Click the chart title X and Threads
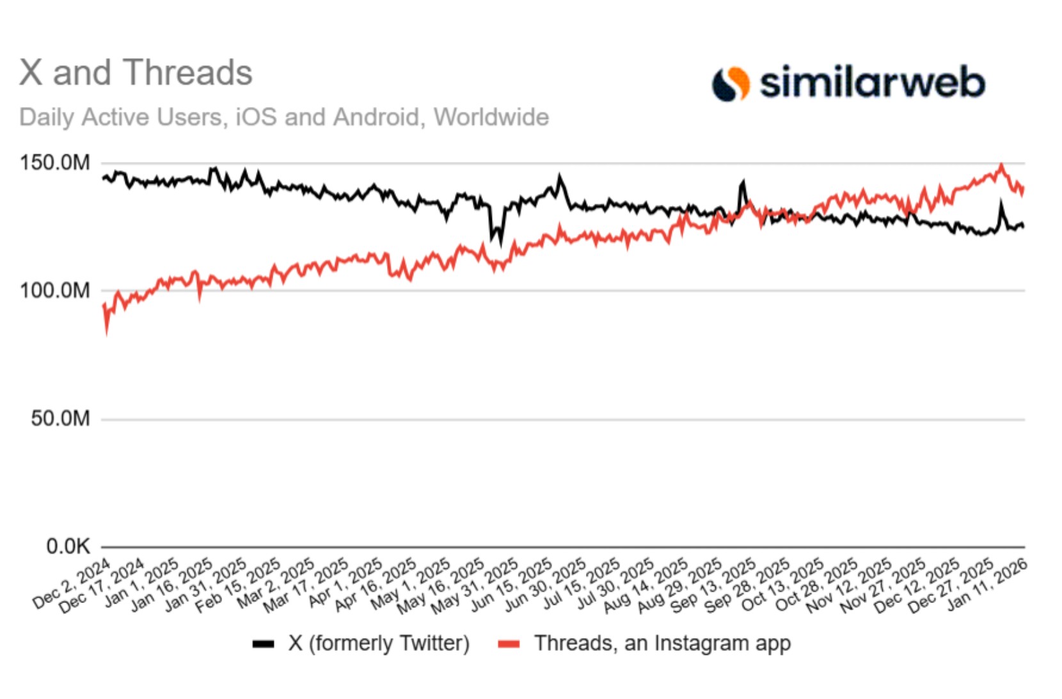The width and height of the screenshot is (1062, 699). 136,72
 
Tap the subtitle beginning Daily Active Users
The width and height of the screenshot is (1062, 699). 284,117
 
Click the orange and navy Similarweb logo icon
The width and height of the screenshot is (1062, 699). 731,84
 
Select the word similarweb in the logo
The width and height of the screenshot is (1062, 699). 872,83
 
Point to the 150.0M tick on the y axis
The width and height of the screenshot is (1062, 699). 55,163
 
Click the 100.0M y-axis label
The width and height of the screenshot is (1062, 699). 55,291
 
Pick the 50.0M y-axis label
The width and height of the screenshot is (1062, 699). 60,419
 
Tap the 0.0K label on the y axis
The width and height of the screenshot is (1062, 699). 68,547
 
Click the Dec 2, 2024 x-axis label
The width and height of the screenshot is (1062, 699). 72,584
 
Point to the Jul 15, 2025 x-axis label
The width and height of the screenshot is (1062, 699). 581,584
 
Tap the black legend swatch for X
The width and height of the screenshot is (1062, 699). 263,644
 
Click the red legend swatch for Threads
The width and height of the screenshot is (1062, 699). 509,644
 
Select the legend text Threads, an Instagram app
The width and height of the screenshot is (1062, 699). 662,643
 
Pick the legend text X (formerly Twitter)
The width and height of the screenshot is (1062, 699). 379,643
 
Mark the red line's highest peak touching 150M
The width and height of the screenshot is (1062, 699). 1001,165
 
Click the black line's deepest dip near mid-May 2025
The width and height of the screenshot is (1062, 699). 500,244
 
